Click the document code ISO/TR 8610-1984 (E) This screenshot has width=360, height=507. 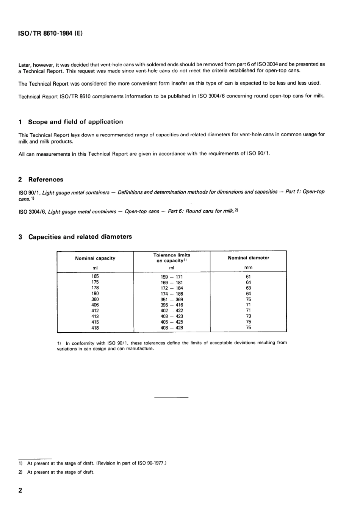click(50, 33)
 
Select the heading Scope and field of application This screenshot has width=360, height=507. click(75, 122)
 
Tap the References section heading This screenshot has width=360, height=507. click(45, 180)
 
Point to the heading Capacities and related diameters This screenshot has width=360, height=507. click(80, 237)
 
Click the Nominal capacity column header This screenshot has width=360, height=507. click(95, 258)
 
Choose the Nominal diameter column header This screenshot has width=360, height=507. click(248, 258)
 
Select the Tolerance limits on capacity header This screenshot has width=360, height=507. click(172, 258)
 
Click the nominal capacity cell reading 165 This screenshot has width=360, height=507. click(95, 276)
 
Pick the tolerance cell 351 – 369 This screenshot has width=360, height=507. click(172, 299)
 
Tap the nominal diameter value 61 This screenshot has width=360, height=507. click(248, 277)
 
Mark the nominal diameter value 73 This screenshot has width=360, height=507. click(248, 316)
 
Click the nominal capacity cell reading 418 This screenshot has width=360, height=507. click(95, 328)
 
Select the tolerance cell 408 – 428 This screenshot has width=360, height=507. click(172, 328)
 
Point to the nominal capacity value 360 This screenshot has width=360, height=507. click(95, 299)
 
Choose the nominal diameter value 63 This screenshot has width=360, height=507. click(248, 288)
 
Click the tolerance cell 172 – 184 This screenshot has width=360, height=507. click(172, 288)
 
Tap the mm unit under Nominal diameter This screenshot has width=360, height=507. click(248, 268)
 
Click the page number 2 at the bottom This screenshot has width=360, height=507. click(20, 490)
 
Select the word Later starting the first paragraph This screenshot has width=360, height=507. click(25, 65)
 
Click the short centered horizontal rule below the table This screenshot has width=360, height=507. click(171, 397)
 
